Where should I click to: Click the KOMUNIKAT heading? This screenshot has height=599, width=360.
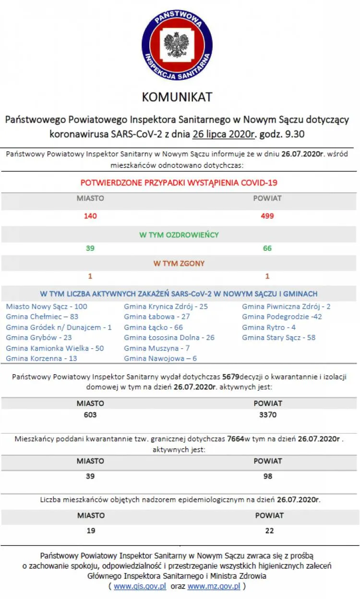[177, 97]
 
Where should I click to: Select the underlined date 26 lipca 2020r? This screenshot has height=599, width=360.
[223, 134]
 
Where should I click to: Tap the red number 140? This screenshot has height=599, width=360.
[90, 216]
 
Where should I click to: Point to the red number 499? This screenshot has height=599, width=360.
[267, 216]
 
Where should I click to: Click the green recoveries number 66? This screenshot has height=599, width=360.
[267, 248]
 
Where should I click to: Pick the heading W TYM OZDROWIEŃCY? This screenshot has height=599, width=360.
[179, 235]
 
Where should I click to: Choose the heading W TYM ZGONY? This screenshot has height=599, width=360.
[179, 263]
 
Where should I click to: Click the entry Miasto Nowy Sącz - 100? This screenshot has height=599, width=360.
[47, 306]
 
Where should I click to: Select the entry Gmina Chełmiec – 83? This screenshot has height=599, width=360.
[42, 317]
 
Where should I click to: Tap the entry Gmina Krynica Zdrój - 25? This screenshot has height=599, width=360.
[166, 306]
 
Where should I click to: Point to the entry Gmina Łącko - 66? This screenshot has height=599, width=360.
[153, 328]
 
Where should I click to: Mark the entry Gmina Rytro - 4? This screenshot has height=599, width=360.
[269, 328]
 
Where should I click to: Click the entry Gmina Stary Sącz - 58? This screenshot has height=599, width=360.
[278, 338]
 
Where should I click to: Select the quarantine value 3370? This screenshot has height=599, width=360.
[268, 415]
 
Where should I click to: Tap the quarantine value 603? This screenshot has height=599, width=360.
[90, 415]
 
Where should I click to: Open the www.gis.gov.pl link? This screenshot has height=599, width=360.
[140, 587]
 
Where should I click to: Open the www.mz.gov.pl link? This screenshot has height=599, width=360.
[214, 587]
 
